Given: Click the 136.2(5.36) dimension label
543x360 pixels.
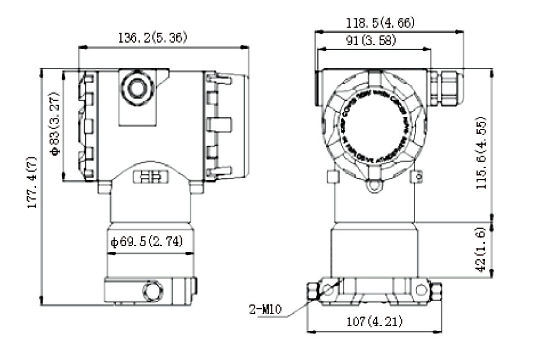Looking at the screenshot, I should [153, 38].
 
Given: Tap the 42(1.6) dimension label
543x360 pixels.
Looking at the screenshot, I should [481, 249].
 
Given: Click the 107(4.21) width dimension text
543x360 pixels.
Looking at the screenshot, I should [375, 321].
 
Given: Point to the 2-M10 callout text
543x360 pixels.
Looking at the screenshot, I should [267, 309].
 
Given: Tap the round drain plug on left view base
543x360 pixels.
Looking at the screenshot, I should [152, 290].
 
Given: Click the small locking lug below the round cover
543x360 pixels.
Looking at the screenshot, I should [374, 185].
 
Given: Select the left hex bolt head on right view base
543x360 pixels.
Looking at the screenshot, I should [312, 290].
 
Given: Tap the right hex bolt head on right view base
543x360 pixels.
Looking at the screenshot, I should [436, 290].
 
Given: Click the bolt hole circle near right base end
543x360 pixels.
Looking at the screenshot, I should [421, 289].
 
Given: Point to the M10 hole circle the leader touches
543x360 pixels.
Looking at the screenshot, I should [330, 289].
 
